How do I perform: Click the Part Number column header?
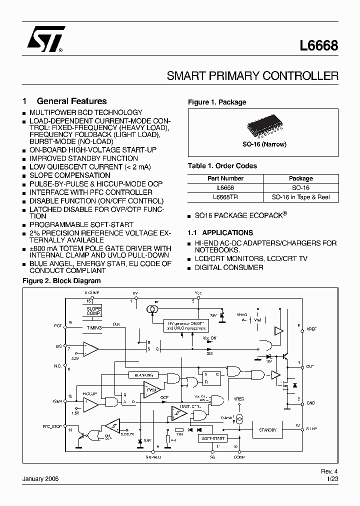(225, 178)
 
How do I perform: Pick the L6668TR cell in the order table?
(225, 197)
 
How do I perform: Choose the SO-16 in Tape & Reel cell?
(300, 197)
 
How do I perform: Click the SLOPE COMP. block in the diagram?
(93, 311)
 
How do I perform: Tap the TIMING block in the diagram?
(93, 327)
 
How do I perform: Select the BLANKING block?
(143, 374)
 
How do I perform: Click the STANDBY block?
(267, 429)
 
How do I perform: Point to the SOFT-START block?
(213, 437)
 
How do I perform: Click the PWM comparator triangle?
(150, 389)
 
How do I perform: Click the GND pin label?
(310, 402)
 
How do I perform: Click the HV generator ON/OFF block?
(186, 325)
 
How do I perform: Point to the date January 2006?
(41, 478)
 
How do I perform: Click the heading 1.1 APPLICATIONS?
(220, 232)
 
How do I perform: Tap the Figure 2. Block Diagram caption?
(62, 281)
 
